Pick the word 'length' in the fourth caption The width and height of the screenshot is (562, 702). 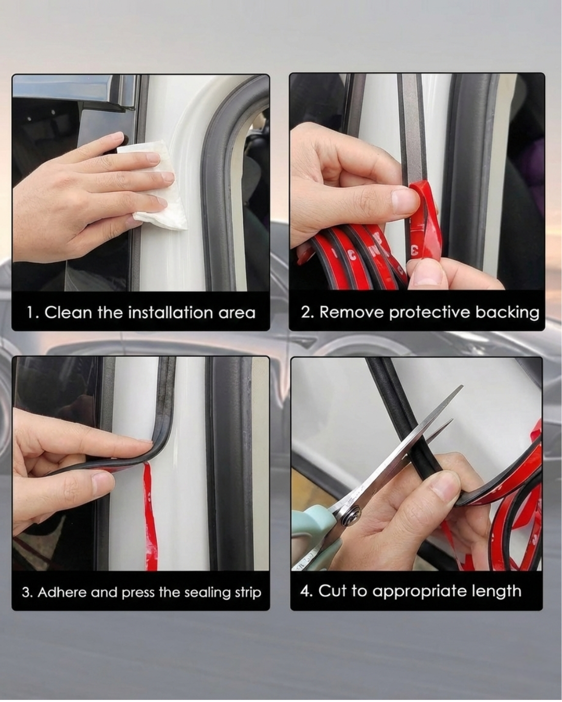point(496,591)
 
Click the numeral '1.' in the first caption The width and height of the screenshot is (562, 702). point(33,313)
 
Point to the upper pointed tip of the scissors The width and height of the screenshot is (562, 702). point(461,387)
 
